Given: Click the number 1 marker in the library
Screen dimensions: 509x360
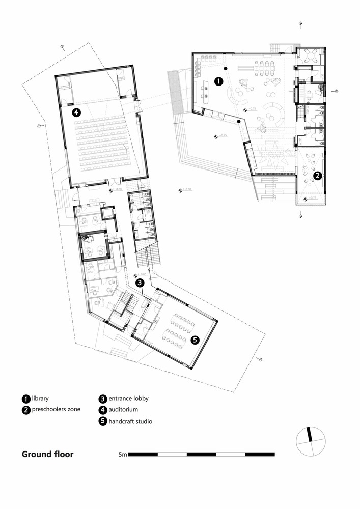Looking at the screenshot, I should click(218, 81).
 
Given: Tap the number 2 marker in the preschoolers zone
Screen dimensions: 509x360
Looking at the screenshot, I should click(317, 176).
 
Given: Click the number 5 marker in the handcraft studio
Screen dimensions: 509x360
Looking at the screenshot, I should click(194, 341).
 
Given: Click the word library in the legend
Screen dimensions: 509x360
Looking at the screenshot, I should click(40, 399).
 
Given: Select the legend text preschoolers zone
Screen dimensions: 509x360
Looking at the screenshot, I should click(56, 409).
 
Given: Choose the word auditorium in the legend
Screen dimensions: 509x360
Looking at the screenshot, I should click(123, 409).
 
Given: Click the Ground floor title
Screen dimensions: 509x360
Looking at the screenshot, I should click(47, 454).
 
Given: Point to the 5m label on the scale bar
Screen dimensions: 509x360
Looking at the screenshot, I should click(122, 454).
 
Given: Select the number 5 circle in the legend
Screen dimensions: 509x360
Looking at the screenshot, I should click(103, 421).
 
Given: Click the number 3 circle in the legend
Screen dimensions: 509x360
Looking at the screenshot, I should click(103, 399).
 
